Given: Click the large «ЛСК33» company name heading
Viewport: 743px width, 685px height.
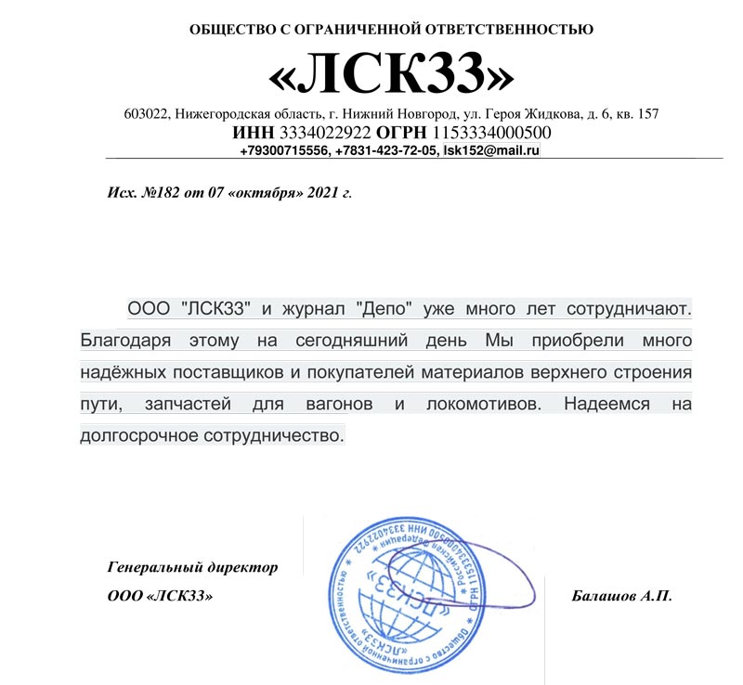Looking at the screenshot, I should click(x=390, y=73).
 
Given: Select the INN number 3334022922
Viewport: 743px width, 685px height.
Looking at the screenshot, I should click(x=311, y=133).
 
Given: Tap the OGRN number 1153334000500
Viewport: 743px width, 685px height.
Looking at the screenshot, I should click(x=486, y=133).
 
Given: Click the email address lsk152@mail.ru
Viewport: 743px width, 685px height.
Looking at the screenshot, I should click(x=491, y=149).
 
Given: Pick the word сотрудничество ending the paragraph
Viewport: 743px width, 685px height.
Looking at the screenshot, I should click(x=277, y=434).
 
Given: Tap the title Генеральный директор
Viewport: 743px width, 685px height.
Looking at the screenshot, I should click(x=192, y=565).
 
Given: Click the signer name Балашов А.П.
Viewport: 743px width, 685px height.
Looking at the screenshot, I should click(x=621, y=595).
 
